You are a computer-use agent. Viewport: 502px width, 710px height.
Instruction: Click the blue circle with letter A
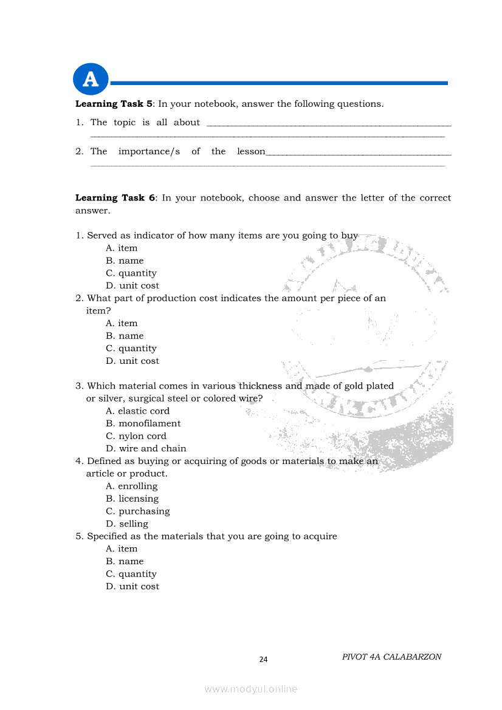tap(91, 80)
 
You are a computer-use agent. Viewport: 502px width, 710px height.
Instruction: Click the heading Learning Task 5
tap(114, 104)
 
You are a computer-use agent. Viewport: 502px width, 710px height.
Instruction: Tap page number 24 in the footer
tap(263, 660)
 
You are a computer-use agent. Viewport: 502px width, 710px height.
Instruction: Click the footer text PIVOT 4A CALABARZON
tap(391, 657)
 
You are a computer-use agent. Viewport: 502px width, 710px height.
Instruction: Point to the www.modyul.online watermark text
tap(251, 689)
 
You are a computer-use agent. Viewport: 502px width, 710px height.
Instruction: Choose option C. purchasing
tap(138, 511)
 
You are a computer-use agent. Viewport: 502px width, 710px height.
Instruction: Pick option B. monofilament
tap(143, 423)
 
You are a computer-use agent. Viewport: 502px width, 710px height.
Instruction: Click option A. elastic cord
tap(137, 411)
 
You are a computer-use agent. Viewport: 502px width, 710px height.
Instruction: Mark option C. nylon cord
tap(136, 436)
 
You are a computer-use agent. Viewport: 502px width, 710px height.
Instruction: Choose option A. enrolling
tap(132, 486)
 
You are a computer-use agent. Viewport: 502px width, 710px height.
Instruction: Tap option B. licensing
tap(132, 499)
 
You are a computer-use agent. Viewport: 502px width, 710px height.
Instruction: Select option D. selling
tap(127, 524)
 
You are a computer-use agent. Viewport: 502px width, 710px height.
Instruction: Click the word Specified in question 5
tap(106, 536)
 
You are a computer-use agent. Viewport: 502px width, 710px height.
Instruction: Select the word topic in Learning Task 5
tap(125, 123)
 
